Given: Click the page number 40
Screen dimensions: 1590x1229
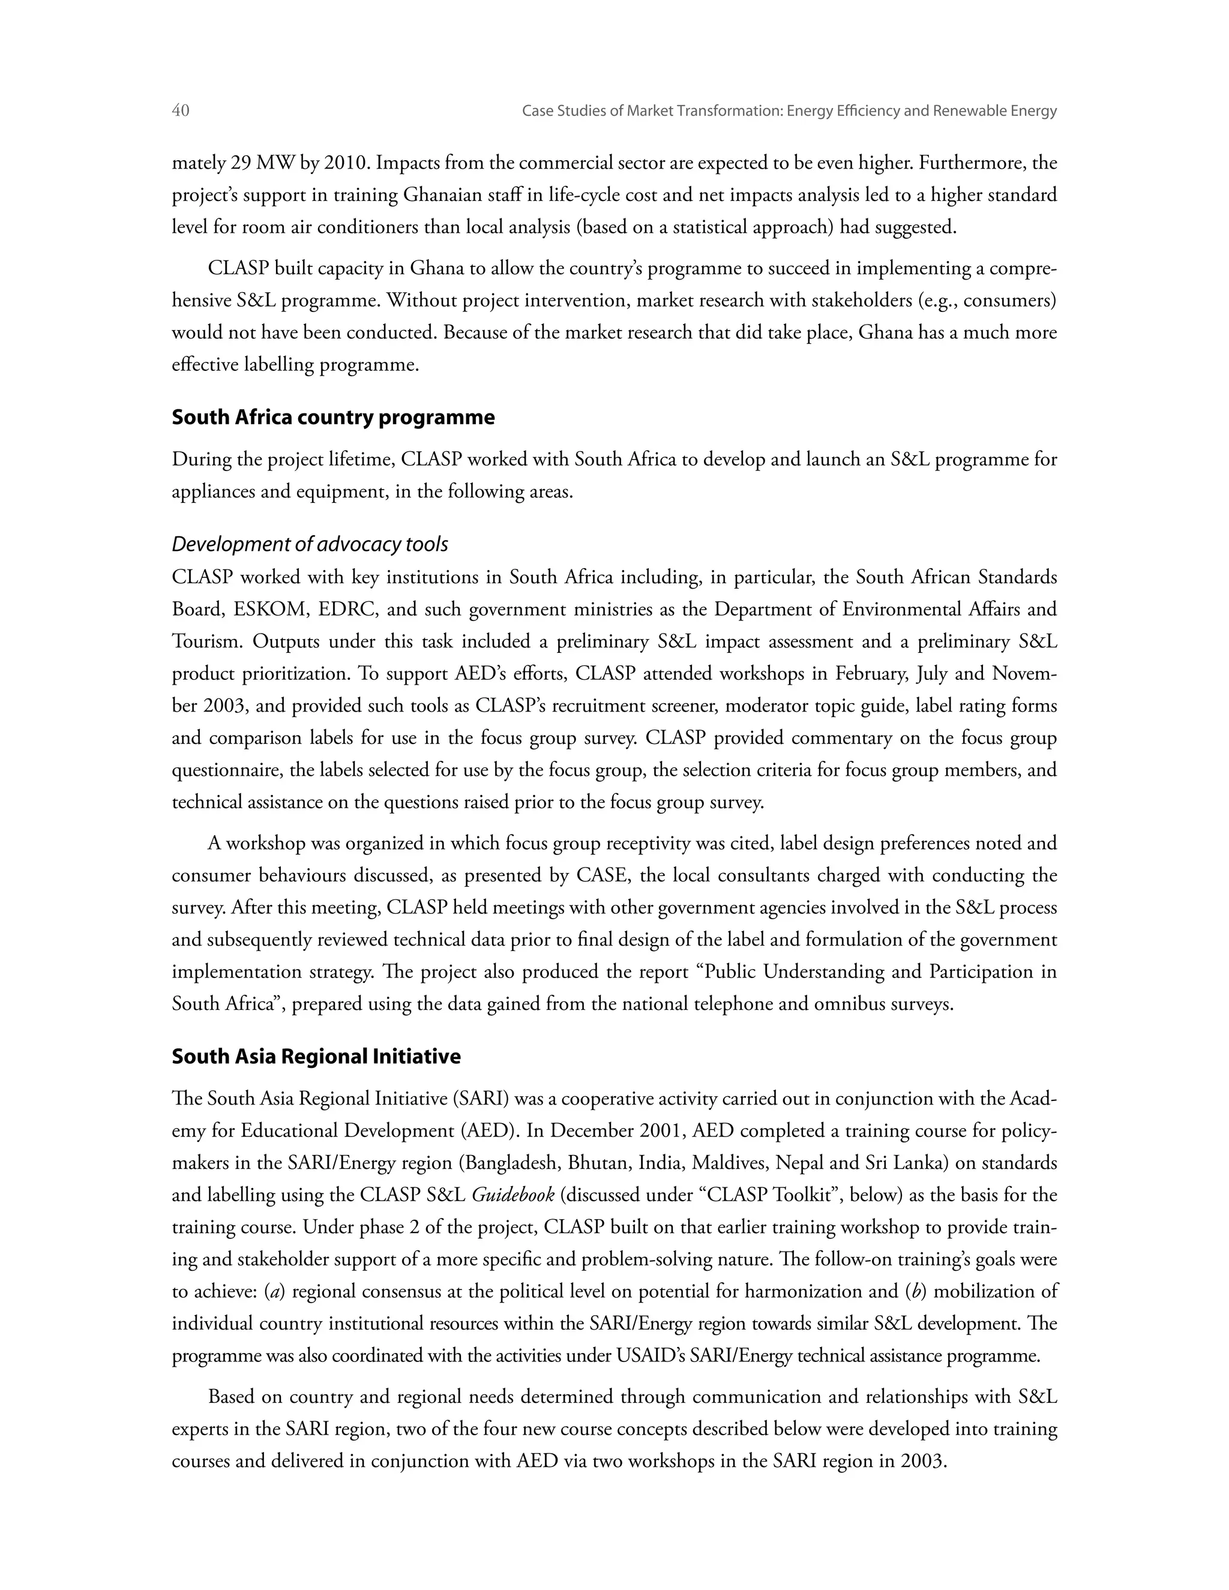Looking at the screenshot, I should click(181, 110).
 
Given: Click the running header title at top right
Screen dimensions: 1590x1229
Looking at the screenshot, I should click(789, 110).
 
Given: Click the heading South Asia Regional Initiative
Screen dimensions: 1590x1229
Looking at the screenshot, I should click(316, 1057).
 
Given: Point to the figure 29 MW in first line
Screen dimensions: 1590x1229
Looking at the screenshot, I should click(263, 163).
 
